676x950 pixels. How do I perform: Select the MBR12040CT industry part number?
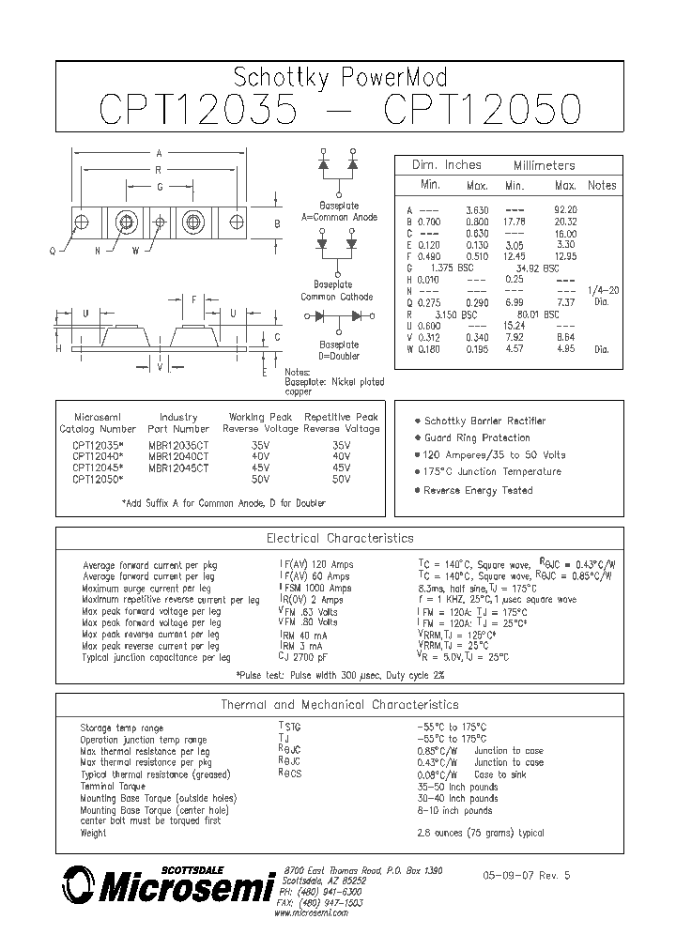pyautogui.click(x=178, y=455)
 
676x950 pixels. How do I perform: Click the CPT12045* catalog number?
pyautogui.click(x=98, y=467)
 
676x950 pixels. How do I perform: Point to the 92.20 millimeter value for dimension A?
pyautogui.click(x=566, y=209)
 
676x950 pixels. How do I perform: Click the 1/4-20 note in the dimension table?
pyautogui.click(x=602, y=290)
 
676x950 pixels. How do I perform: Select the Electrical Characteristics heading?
pyautogui.click(x=340, y=539)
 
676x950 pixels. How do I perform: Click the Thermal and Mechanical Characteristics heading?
pyautogui.click(x=340, y=704)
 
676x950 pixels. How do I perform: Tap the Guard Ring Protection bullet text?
pyautogui.click(x=477, y=437)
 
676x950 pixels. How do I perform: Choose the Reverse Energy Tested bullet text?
pyautogui.click(x=478, y=490)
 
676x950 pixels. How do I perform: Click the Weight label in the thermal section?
pyautogui.click(x=94, y=833)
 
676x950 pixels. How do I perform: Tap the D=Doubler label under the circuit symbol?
pyautogui.click(x=338, y=356)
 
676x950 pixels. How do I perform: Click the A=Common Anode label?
pyautogui.click(x=339, y=217)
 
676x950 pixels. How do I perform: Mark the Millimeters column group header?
pyautogui.click(x=545, y=165)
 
